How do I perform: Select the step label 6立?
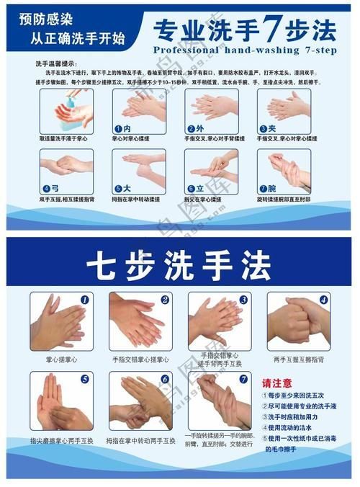click(196, 188)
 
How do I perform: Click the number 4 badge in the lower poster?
click(323, 299)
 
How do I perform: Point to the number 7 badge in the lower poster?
click(243, 379)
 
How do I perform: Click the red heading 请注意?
click(277, 383)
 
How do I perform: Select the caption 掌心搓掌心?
click(60, 358)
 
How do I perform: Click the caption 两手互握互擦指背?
click(298, 358)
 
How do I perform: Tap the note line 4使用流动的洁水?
click(289, 428)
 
